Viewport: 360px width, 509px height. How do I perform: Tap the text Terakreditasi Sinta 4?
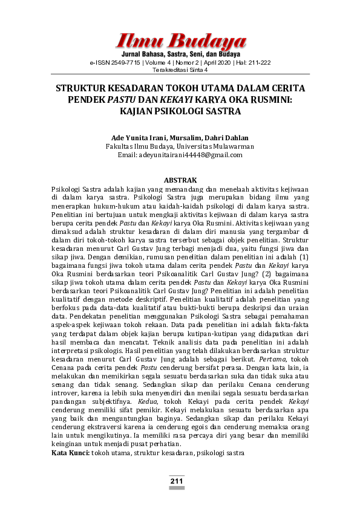pyautogui.click(x=180, y=70)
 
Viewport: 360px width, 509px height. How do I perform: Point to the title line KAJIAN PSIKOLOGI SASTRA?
pyautogui.click(x=180, y=111)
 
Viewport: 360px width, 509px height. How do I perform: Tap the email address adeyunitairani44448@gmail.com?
pyautogui.click(x=180, y=155)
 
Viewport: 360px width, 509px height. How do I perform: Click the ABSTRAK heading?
pyautogui.click(x=180, y=180)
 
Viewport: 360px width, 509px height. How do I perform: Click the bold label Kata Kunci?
pyautogui.click(x=70, y=452)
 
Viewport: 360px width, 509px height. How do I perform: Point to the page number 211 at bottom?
pyautogui.click(x=177, y=481)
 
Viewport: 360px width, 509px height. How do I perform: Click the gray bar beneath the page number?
pyautogui.click(x=177, y=487)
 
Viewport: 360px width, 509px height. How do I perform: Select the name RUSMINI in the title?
pyautogui.click(x=270, y=99)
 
